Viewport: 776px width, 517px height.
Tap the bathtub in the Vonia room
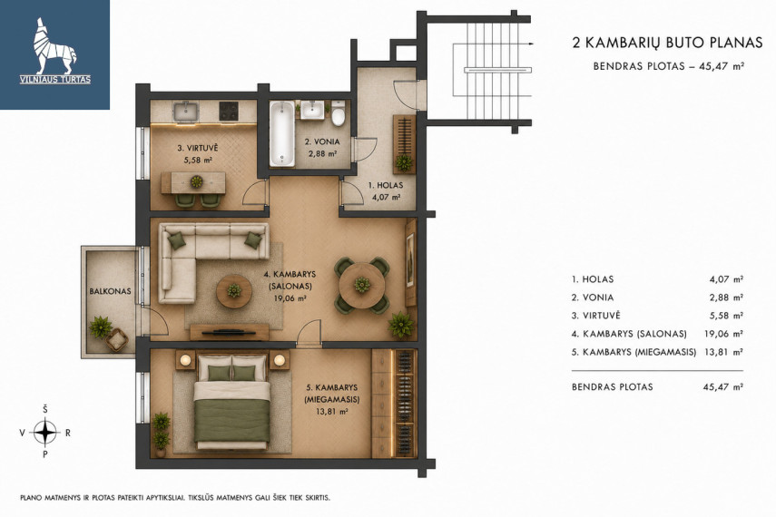point(282,133)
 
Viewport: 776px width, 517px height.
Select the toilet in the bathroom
point(339,113)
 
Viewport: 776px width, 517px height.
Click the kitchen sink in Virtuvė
point(186,112)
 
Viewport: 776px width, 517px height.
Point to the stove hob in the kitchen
point(229,111)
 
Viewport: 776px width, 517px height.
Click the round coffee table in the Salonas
point(234,290)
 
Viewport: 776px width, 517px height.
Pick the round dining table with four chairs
point(362,285)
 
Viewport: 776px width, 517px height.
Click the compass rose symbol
point(45,433)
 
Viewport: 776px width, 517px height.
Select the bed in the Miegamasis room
point(231,400)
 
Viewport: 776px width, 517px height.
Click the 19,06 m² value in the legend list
point(723,334)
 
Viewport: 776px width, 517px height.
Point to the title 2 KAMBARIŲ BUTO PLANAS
point(667,43)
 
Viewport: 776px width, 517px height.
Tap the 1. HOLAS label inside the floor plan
point(386,186)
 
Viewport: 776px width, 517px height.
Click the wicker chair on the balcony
point(117,339)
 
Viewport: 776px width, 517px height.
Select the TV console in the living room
point(230,332)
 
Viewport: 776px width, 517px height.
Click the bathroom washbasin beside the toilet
point(313,110)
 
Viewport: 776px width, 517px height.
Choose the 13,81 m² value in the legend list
point(723,352)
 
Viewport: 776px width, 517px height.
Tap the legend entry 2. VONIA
point(593,298)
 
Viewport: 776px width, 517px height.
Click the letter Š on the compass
point(45,409)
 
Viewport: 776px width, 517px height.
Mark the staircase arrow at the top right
point(531,44)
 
